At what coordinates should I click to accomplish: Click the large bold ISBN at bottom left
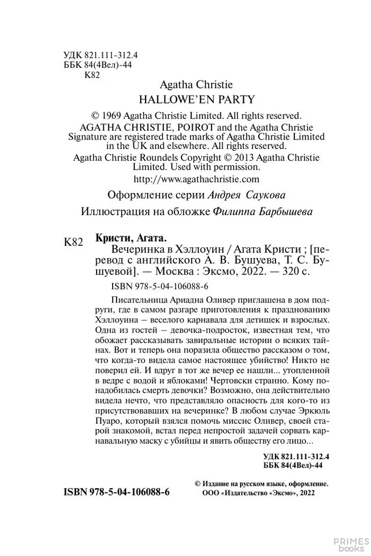(117, 492)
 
